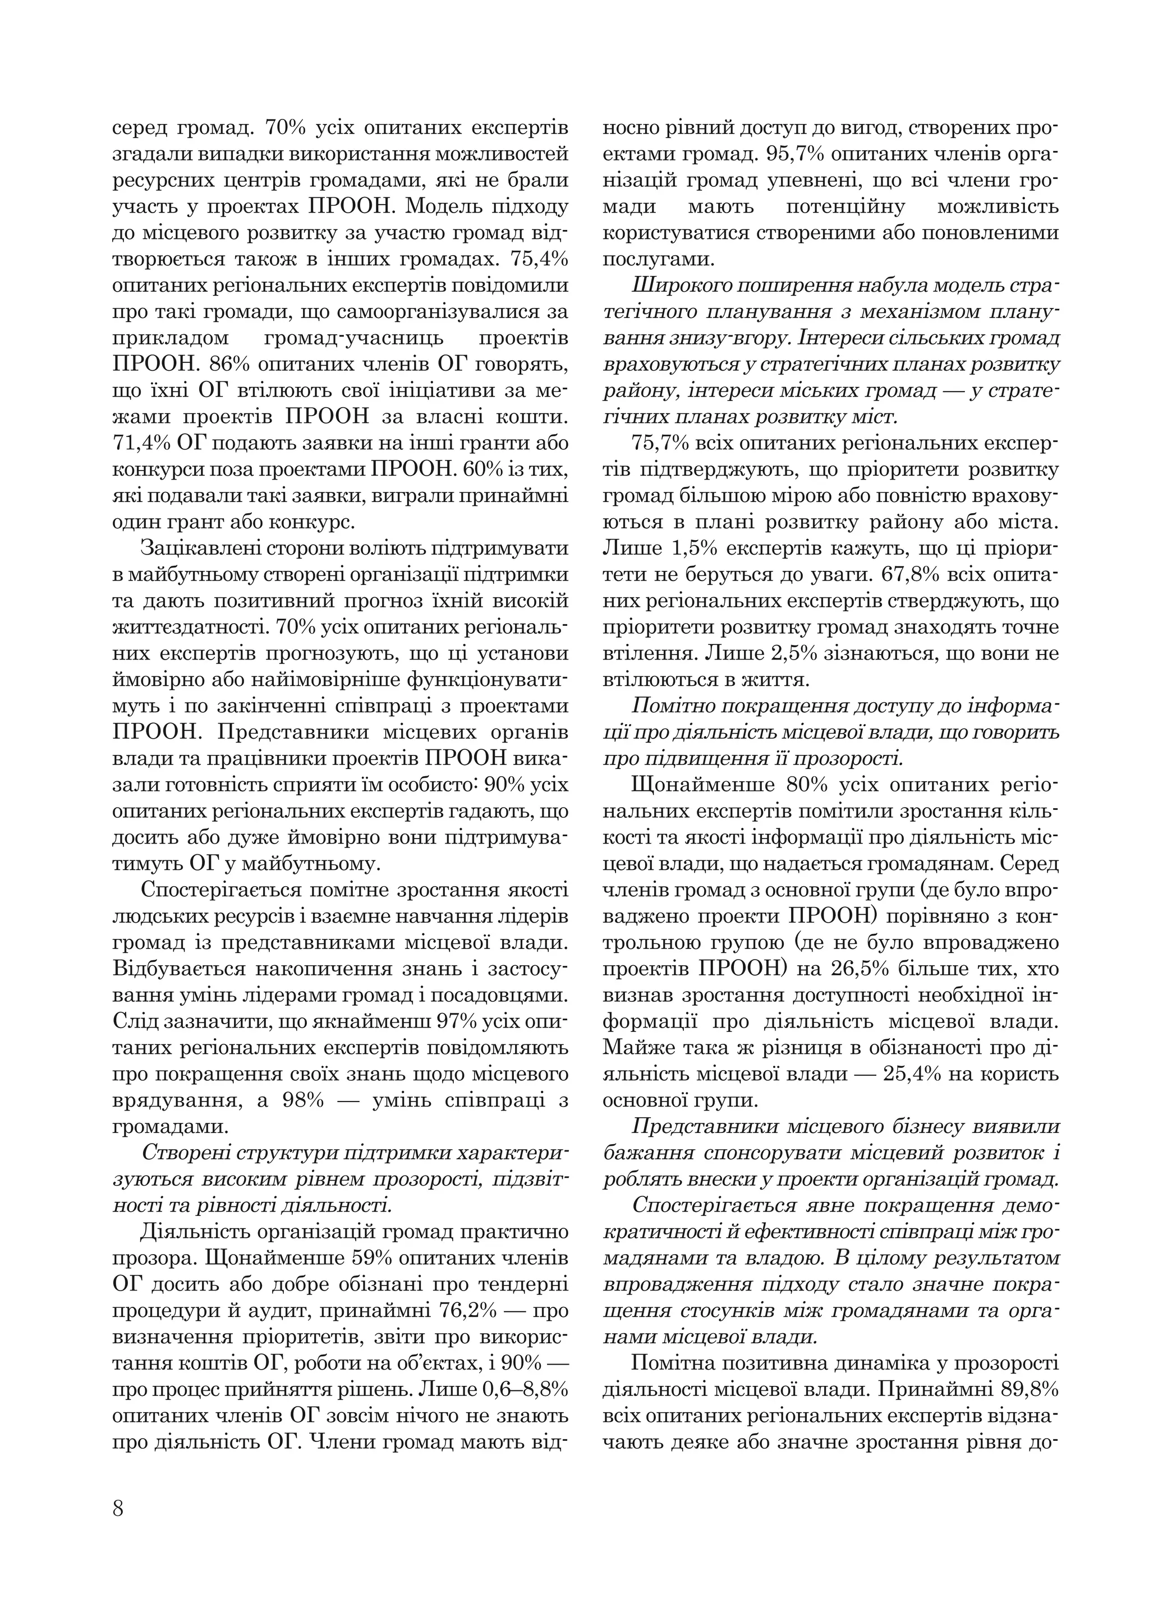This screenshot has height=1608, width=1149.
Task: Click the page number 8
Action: click(x=118, y=1508)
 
